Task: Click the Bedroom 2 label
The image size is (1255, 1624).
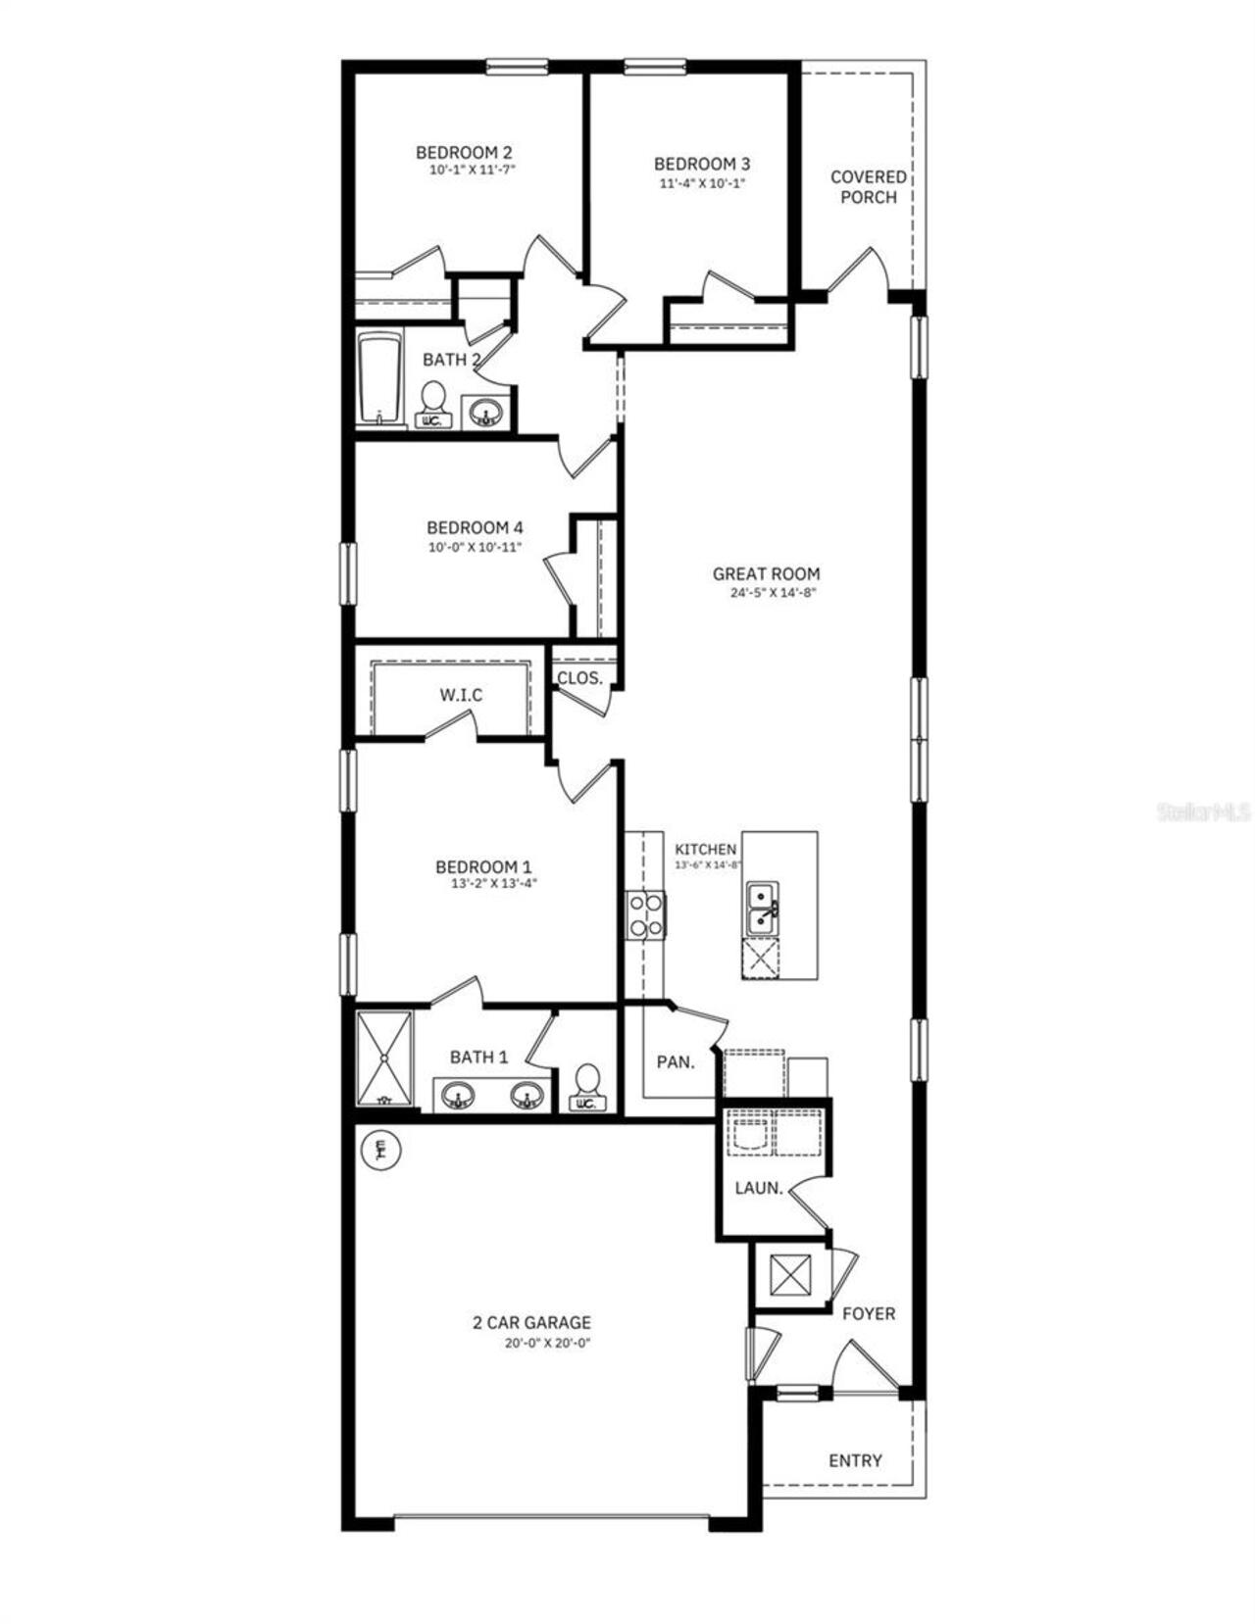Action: (463, 153)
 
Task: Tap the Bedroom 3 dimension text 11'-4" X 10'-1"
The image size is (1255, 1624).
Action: (701, 182)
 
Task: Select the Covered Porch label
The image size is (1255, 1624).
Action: (868, 186)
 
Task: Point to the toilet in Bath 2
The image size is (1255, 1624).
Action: (432, 404)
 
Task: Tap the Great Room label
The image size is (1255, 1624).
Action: (766, 574)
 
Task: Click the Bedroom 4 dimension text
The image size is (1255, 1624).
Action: (475, 548)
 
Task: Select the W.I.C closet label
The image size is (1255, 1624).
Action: (460, 695)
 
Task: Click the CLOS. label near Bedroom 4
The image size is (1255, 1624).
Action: (579, 678)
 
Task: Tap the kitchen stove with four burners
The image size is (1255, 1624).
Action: (646, 915)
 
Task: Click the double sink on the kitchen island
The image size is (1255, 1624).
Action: (763, 909)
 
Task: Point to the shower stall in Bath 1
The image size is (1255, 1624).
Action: (384, 1058)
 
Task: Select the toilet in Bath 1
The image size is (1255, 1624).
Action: (587, 1086)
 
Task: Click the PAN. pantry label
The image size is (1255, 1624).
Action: (675, 1061)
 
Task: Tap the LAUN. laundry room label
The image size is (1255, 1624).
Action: (759, 1188)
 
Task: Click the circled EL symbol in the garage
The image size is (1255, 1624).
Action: (381, 1150)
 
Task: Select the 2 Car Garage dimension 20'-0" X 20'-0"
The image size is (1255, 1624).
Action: (547, 1344)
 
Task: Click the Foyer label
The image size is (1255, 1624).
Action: (869, 1313)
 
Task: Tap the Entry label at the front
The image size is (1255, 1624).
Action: (855, 1460)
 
